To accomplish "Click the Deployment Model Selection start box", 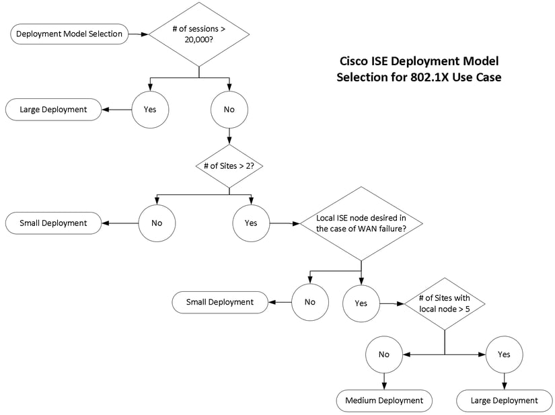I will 69,34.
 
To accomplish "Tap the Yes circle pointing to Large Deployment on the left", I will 150,108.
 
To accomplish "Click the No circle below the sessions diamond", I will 229,108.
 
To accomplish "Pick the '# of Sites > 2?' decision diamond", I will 229,166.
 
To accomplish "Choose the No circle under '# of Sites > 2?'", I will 157,223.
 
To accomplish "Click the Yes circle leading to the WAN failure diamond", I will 251,223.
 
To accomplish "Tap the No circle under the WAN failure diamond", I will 309,302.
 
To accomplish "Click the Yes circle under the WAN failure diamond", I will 361,303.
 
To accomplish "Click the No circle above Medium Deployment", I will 384,354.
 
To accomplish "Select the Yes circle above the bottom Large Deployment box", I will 503,354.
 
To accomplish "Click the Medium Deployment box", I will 384,400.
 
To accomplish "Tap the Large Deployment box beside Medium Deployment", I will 503,400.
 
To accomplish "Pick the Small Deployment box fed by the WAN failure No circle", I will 221,302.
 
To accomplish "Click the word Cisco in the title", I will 355,61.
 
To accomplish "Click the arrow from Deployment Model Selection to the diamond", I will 139,34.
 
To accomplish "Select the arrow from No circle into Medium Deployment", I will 384,381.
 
